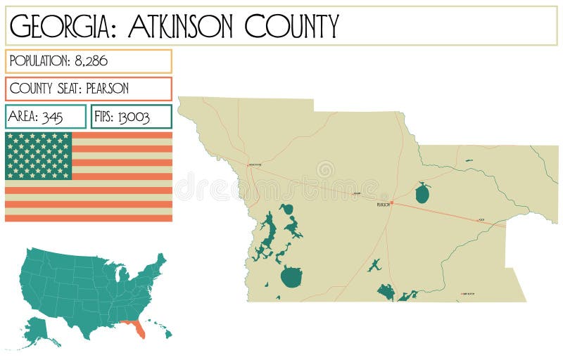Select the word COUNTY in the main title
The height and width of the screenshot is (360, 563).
coord(291,27)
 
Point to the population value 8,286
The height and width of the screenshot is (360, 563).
coord(91,61)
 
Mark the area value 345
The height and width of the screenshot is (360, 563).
coord(52,117)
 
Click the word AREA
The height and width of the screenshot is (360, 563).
coord(23,117)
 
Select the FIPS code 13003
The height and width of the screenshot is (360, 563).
coord(133,117)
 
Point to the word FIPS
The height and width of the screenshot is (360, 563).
coord(103,117)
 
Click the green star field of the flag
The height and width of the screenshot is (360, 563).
coord(39,155)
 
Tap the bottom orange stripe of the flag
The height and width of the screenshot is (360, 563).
coord(89,217)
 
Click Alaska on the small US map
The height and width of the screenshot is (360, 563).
coord(39,331)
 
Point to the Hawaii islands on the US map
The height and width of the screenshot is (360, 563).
coord(162,331)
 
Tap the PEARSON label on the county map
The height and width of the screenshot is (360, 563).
coord(383,205)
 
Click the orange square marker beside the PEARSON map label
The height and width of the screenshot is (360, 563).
coord(392,203)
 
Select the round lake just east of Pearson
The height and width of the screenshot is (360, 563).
coord(422,193)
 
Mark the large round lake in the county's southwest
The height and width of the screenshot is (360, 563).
coord(291,276)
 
